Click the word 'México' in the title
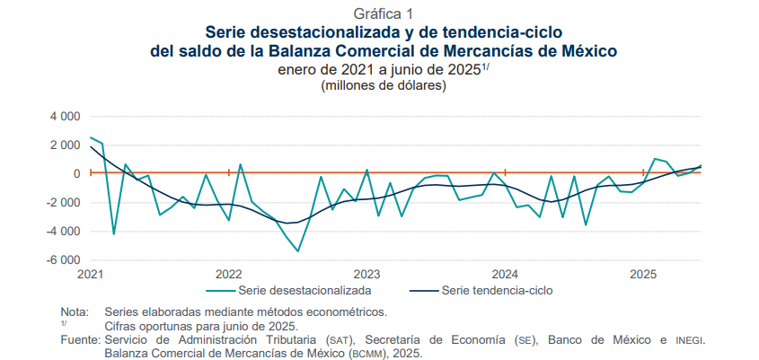[x=586, y=51]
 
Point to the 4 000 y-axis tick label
[x=65, y=116]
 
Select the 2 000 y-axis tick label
[x=65, y=145]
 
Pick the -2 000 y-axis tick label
[x=63, y=202]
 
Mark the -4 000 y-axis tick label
[x=63, y=231]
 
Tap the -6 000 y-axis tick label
[x=63, y=259]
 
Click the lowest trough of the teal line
[x=298, y=251]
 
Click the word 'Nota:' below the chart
[x=75, y=312]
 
